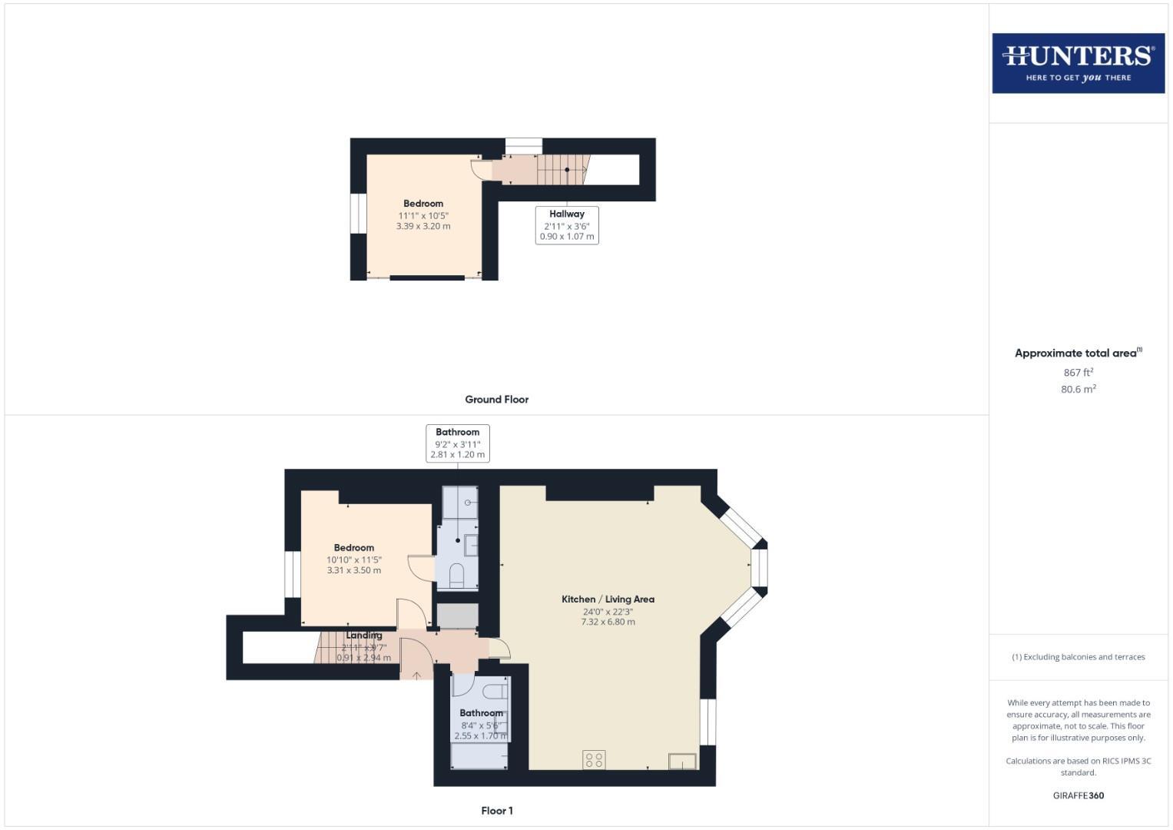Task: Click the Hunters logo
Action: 1078,63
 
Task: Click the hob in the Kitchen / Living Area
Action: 594,760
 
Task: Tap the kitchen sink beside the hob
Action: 682,762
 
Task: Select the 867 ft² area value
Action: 1078,372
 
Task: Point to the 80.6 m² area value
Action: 1078,389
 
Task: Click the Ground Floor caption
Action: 496,400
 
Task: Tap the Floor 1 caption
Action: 496,811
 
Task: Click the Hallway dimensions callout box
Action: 567,225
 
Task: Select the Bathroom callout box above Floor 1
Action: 458,443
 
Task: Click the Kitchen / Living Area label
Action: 608,599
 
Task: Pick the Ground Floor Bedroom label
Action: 423,204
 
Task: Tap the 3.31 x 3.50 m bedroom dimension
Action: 354,570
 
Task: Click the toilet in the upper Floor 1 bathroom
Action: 456,574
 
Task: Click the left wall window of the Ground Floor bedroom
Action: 358,212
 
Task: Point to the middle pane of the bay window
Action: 759,568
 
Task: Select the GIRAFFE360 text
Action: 1078,795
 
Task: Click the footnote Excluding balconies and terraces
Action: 1078,657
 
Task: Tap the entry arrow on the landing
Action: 416,676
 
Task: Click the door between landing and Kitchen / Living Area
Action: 498,648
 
